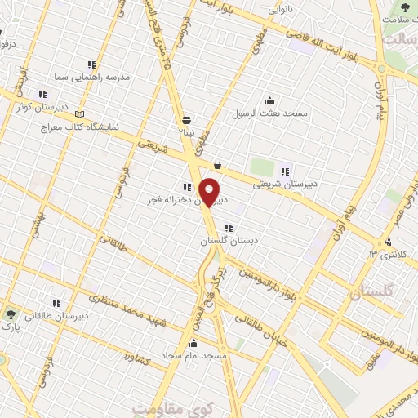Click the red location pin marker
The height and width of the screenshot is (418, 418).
(210, 192)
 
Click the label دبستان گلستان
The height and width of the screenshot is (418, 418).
(225, 242)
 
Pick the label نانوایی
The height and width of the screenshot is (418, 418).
(286, 11)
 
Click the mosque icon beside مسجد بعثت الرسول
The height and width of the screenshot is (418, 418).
(270, 100)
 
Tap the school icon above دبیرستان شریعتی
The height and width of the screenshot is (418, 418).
(285, 171)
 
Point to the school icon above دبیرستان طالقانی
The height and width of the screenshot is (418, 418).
(56, 303)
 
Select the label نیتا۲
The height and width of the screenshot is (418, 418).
(187, 131)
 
